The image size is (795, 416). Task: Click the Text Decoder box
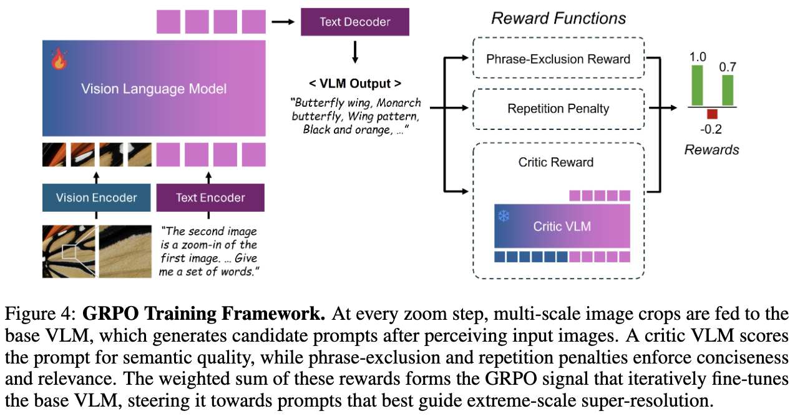[355, 22]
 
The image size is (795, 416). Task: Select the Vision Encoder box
[97, 197]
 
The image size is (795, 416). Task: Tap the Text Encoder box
[210, 197]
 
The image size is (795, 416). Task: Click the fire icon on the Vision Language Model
[59, 59]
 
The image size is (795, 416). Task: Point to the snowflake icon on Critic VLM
[504, 215]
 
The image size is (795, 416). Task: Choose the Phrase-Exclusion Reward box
[558, 58]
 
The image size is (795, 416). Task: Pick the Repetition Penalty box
[558, 109]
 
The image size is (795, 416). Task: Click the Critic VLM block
[562, 226]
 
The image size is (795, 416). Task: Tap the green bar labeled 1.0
[697, 85]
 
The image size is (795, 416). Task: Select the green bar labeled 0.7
[728, 90]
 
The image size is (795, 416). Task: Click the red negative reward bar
[712, 114]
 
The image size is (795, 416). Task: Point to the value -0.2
[711, 129]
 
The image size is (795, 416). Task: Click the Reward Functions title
[558, 18]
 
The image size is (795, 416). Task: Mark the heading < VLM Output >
[355, 84]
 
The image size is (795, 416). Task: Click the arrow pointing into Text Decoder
[283, 22]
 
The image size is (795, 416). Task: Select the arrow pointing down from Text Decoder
[355, 52]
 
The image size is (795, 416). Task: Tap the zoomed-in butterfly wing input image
[125, 252]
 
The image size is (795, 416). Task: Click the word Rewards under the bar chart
[711, 149]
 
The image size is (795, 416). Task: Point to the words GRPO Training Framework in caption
[203, 314]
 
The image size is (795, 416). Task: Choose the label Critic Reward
[556, 162]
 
